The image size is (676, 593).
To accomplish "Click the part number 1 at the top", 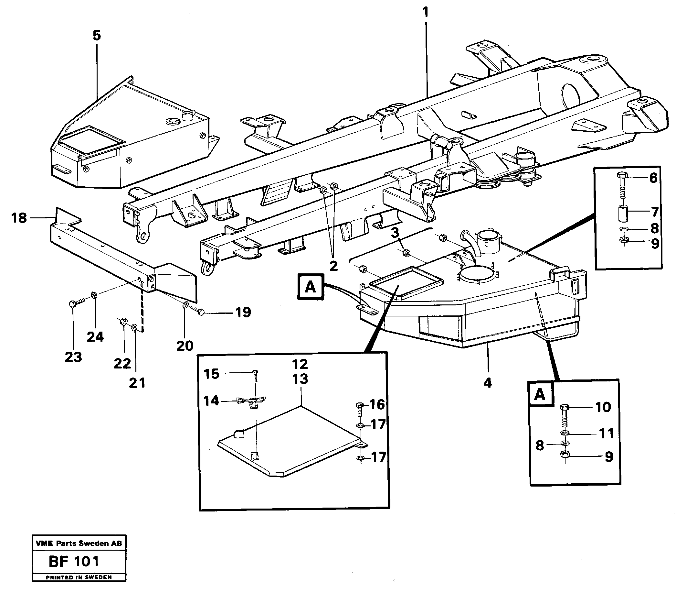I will click(426, 13).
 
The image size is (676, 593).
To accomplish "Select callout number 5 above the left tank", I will click(97, 35).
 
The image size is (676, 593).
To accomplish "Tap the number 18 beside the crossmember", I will click(19, 218).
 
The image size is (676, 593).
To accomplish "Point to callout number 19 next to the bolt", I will click(243, 313).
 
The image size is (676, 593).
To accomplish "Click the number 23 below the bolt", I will click(73, 357).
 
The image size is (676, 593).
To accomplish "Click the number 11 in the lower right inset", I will click(606, 434).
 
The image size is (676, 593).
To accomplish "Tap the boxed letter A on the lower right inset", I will click(540, 394).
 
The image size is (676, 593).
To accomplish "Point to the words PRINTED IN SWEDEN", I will click(79, 577).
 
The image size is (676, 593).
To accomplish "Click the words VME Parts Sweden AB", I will click(79, 544).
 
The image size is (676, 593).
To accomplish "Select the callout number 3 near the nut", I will click(395, 233).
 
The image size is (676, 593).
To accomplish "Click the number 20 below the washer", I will click(185, 346).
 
